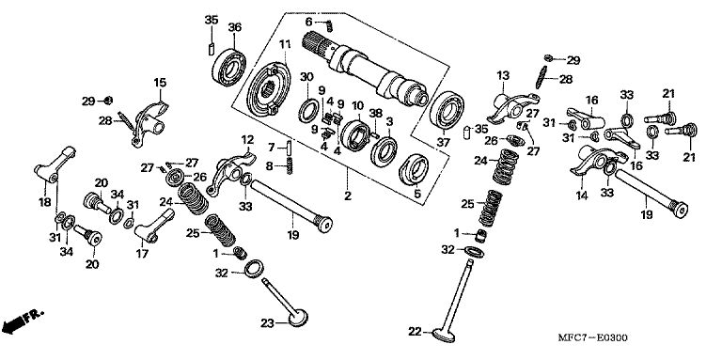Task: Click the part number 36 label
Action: point(235,27)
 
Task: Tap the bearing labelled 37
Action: point(447,111)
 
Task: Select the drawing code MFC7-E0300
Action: point(592,337)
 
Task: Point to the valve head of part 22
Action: point(446,335)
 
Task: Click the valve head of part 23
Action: point(297,318)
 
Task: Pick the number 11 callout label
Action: point(285,45)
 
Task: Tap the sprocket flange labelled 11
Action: point(269,89)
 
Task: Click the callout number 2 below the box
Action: point(348,196)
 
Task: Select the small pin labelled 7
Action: point(289,148)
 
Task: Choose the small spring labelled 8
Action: point(290,165)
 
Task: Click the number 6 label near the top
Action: point(309,22)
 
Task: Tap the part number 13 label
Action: point(503,74)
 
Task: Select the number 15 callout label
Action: point(160,83)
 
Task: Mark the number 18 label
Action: point(45,202)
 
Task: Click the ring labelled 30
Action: point(307,111)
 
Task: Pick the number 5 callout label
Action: point(417,194)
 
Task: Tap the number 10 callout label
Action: point(358,105)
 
